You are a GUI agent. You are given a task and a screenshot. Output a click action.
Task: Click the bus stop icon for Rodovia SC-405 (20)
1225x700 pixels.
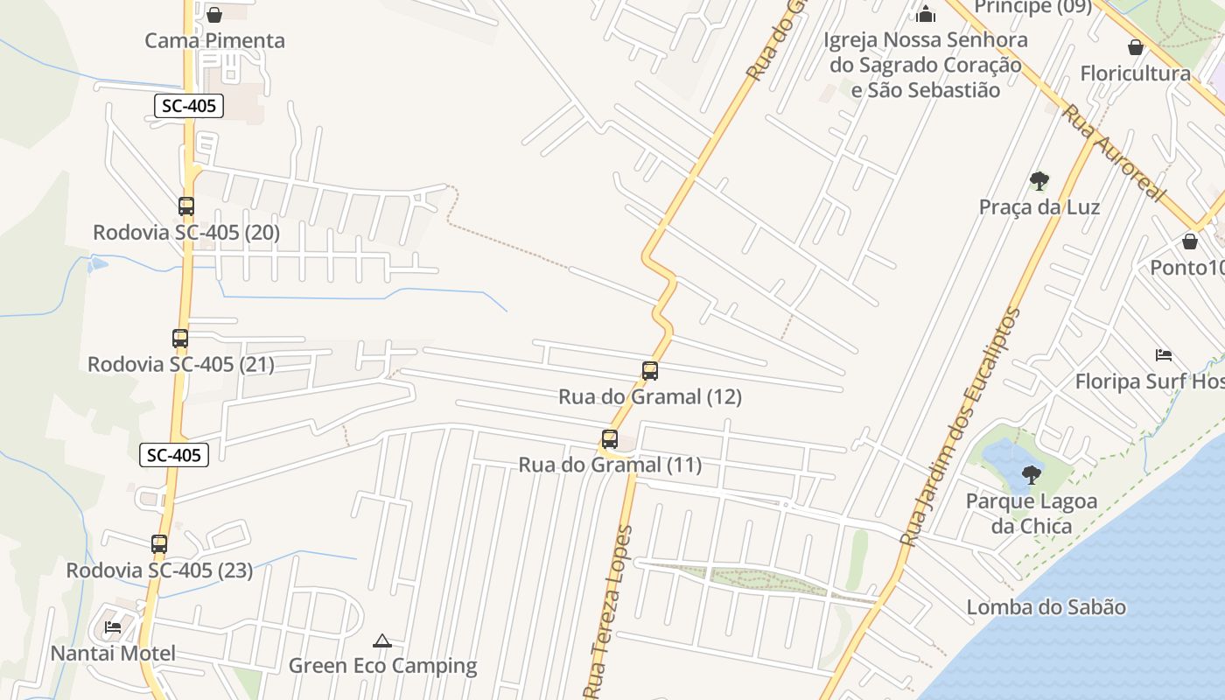click(x=186, y=206)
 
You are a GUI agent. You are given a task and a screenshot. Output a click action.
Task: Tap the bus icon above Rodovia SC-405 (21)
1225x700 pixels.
click(x=180, y=338)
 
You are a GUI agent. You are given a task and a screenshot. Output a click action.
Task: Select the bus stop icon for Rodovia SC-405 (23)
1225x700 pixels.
click(x=159, y=544)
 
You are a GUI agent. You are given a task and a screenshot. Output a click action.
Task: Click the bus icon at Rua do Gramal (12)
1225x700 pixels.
click(x=650, y=370)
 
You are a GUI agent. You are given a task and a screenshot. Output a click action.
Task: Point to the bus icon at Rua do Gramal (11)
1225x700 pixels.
click(x=610, y=438)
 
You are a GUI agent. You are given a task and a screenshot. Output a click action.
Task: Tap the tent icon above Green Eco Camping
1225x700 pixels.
click(x=382, y=641)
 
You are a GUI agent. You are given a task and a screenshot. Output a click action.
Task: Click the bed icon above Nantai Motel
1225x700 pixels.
click(x=113, y=627)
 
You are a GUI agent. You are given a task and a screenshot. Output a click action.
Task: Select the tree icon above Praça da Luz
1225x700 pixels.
click(x=1039, y=181)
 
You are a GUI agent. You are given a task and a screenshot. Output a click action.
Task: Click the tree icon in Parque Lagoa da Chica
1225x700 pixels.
click(x=1032, y=475)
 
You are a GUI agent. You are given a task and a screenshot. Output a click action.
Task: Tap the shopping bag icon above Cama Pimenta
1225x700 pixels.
click(x=214, y=14)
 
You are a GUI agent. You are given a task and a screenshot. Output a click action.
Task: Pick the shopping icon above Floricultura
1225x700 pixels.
click(x=1136, y=46)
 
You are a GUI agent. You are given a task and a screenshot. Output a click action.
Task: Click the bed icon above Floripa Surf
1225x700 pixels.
click(x=1164, y=355)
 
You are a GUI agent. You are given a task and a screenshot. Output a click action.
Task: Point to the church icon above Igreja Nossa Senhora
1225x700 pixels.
click(x=926, y=14)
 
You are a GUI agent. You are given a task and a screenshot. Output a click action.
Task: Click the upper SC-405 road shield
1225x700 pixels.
click(x=189, y=107)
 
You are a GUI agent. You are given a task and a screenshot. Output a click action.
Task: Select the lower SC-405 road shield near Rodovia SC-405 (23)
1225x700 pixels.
click(x=174, y=455)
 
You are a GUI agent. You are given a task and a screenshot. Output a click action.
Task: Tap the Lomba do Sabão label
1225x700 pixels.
click(x=1046, y=607)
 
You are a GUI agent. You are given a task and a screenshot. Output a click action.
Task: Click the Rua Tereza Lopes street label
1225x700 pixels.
click(x=612, y=612)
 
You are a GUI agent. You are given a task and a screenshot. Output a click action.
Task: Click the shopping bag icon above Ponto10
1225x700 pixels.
click(x=1190, y=241)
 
